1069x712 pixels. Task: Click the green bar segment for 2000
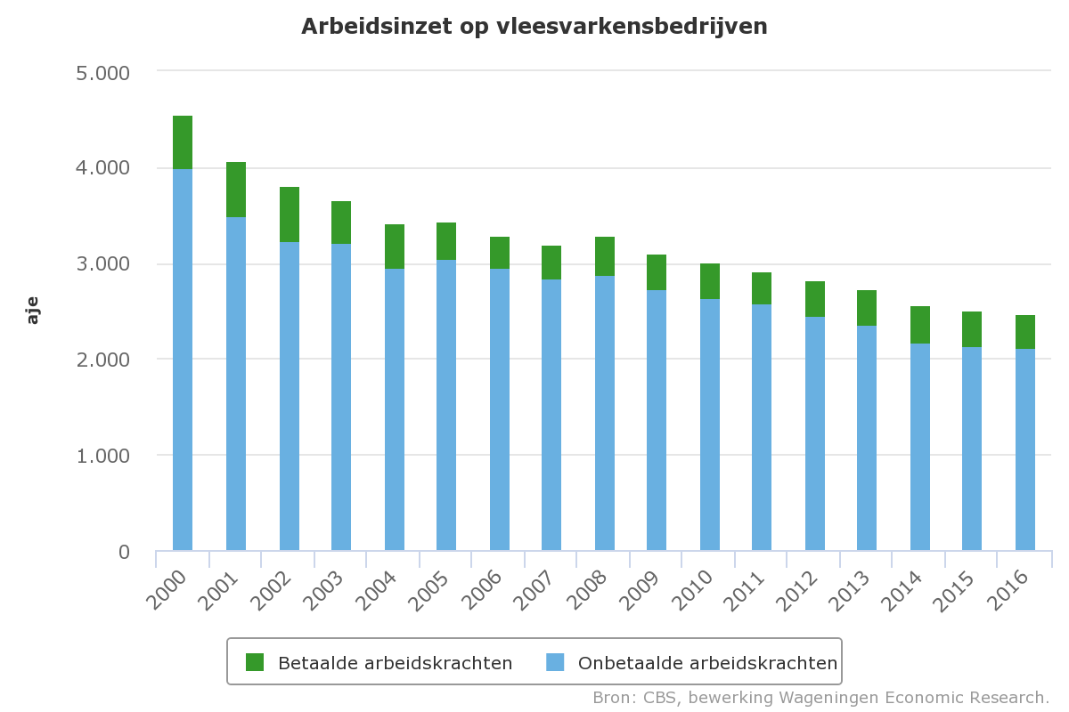coord(183,142)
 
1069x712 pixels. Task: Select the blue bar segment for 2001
coord(236,383)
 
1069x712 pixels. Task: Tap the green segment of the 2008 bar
coord(605,256)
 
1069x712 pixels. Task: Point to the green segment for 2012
coord(815,299)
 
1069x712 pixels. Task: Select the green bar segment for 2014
coord(920,325)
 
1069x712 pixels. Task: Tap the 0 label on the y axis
coord(124,552)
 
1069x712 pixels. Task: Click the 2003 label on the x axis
coord(329,589)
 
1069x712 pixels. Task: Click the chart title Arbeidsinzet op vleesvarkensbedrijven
coord(534,27)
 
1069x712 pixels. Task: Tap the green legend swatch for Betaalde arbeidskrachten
coord(256,662)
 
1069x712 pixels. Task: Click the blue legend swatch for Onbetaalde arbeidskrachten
coord(555,662)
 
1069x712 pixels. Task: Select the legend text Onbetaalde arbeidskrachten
coord(707,663)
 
